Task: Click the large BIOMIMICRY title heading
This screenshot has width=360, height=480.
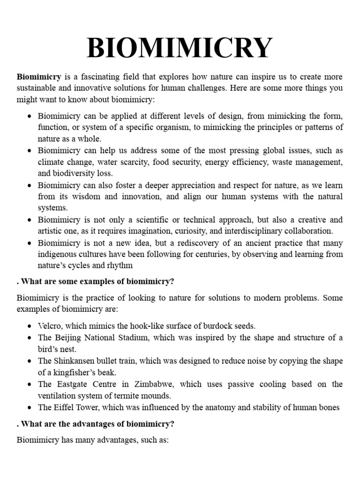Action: pyautogui.click(x=180, y=48)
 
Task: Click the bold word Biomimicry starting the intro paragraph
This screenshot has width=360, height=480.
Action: pyautogui.click(x=39, y=77)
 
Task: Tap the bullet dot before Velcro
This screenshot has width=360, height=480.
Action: pyautogui.click(x=29, y=326)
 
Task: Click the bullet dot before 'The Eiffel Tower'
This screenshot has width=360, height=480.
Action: pyautogui.click(x=29, y=408)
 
